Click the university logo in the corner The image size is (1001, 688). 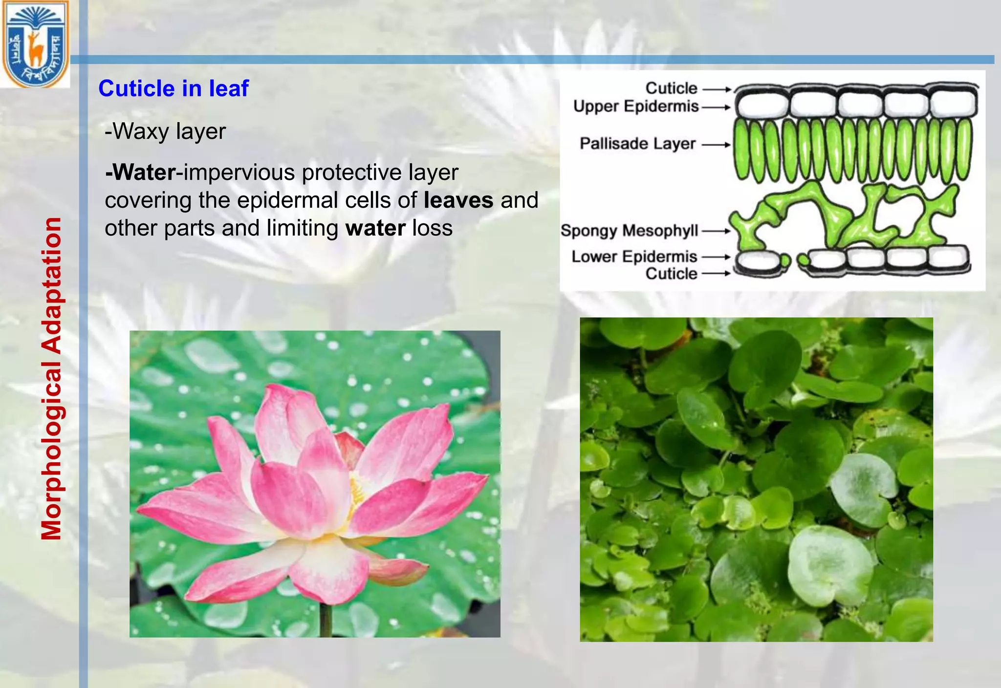coord(35,44)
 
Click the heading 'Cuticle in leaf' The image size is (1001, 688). coord(174,88)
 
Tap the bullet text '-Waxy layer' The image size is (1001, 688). coord(165,131)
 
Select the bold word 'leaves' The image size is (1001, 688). coord(458,200)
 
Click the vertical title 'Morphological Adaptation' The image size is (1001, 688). coord(52,379)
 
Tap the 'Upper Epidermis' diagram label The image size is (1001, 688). coord(636,107)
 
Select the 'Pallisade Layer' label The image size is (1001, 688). coord(637,144)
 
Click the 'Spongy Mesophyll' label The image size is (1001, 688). coord(630,231)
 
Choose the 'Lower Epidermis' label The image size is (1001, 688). coord(634,257)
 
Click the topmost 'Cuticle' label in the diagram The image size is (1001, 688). coord(671,88)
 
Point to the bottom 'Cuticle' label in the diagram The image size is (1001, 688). coord(671,274)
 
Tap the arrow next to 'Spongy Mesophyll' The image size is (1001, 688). coord(716,231)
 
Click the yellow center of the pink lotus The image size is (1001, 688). coord(357,491)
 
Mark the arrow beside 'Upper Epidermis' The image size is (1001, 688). coord(716,107)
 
